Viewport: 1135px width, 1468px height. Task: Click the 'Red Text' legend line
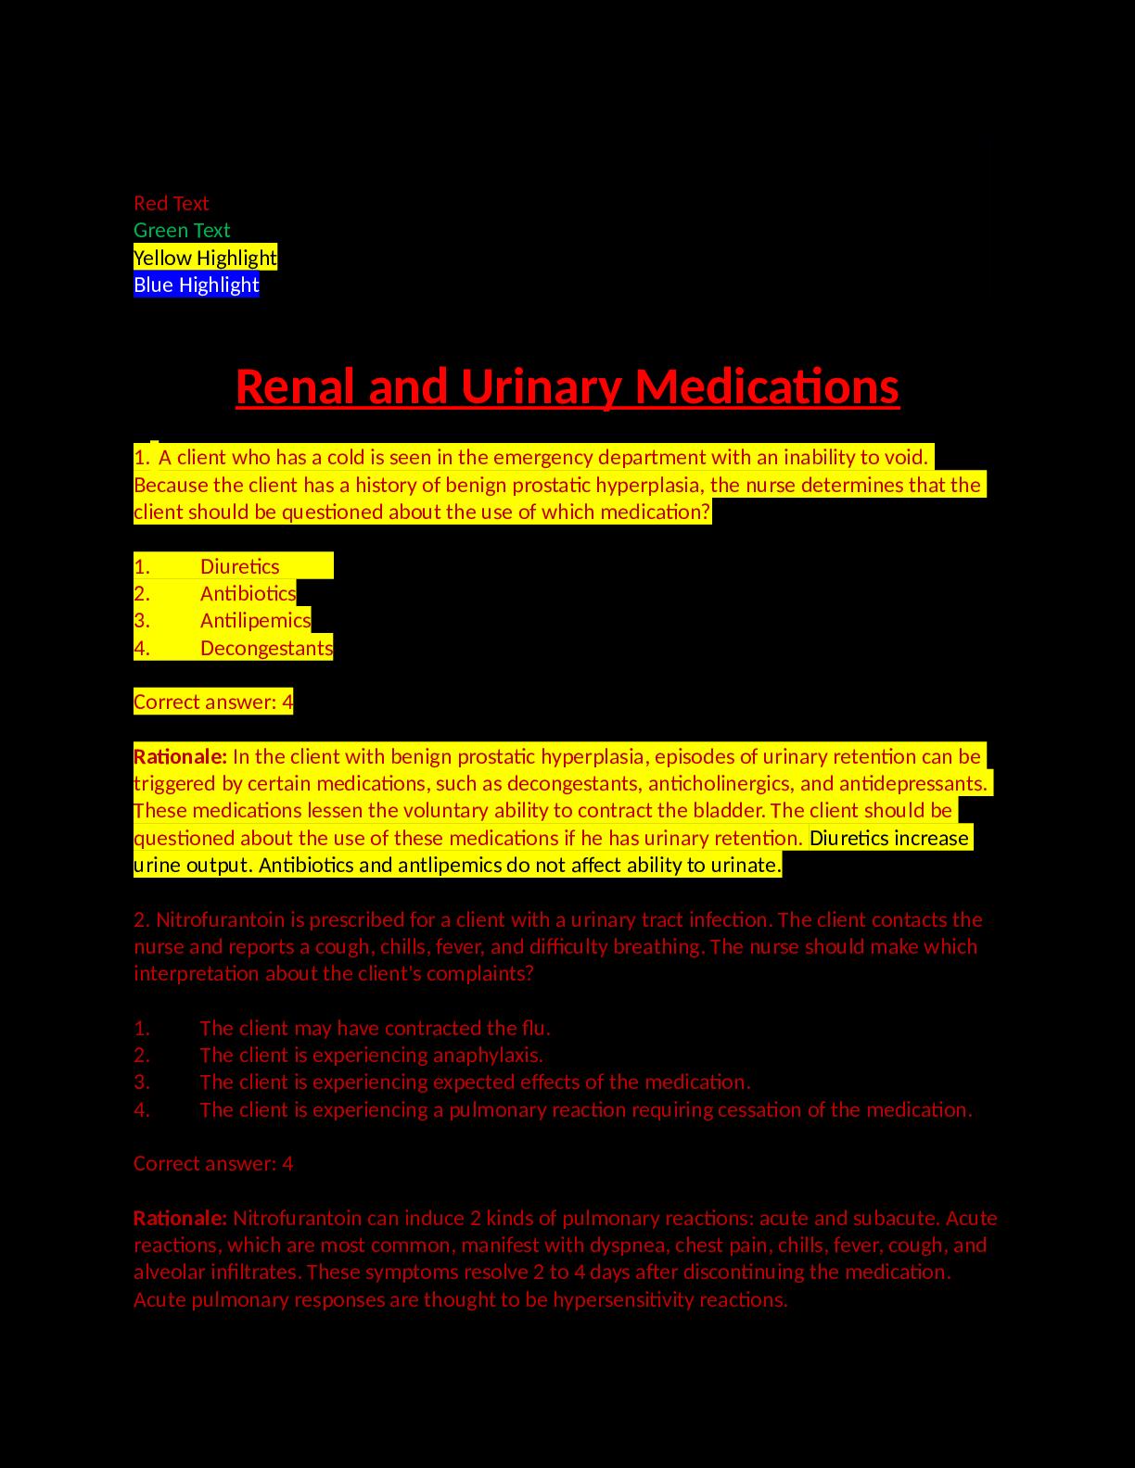[172, 203]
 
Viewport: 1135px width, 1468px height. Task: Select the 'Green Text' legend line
[182, 230]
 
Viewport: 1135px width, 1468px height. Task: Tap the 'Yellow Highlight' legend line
[205, 258]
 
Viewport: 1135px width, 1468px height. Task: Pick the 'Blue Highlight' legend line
[197, 285]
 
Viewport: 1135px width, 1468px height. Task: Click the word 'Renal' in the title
[296, 386]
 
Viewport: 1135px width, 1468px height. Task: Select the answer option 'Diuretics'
[239, 566]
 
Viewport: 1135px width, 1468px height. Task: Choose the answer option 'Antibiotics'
[248, 593]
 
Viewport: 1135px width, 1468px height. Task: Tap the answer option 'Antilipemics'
[255, 620]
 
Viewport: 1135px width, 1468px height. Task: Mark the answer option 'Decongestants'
[266, 648]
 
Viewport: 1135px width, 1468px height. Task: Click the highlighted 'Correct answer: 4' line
[213, 702]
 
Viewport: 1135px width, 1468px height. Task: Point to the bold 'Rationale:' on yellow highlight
[180, 756]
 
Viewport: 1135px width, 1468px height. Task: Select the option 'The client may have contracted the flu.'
[375, 1028]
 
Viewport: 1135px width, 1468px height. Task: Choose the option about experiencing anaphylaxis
[371, 1055]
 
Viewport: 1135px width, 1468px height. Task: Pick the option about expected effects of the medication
[475, 1082]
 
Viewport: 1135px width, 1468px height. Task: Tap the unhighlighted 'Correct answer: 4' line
[213, 1163]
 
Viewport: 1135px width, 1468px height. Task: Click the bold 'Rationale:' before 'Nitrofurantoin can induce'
[180, 1218]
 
